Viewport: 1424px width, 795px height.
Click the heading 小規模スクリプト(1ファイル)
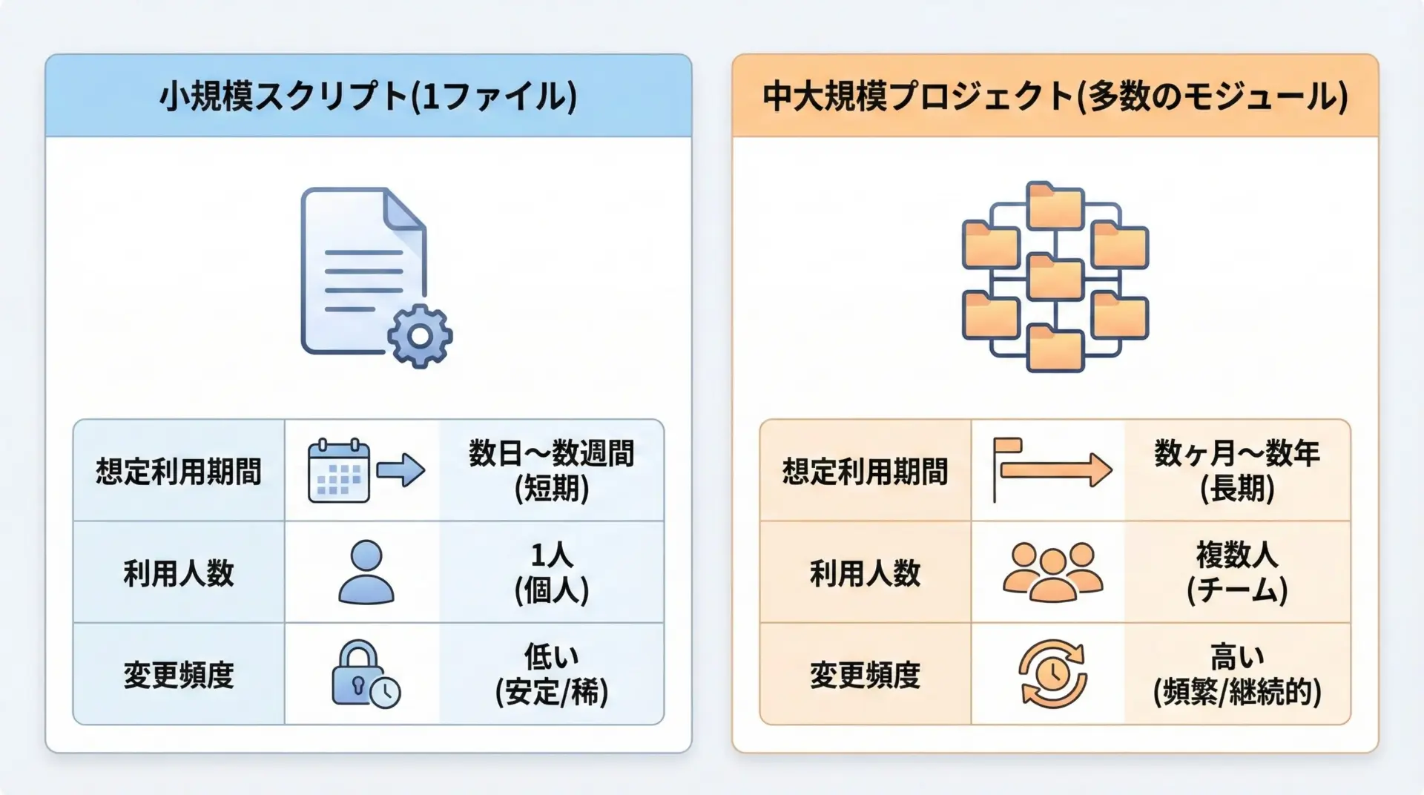(x=368, y=97)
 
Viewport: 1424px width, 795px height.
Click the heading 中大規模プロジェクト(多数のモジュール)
(x=1055, y=97)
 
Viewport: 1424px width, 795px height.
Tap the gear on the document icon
(x=420, y=336)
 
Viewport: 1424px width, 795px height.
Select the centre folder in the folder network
(x=1055, y=277)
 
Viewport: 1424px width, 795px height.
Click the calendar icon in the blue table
(x=338, y=471)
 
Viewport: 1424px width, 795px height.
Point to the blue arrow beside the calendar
(x=400, y=470)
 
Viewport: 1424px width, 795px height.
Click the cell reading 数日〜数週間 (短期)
(x=551, y=470)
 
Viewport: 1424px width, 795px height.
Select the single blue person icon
(x=366, y=572)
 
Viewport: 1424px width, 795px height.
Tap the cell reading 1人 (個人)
(x=551, y=572)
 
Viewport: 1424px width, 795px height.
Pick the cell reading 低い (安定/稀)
(x=551, y=673)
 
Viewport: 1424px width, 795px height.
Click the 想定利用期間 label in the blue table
(x=179, y=471)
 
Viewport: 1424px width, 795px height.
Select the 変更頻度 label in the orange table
(x=865, y=675)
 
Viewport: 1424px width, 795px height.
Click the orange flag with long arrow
(x=1052, y=470)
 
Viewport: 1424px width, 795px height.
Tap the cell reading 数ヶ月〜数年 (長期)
(x=1237, y=470)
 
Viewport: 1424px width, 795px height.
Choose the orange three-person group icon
(x=1052, y=572)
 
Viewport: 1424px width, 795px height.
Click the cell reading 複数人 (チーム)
(x=1237, y=572)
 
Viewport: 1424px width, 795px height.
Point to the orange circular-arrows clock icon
(x=1052, y=674)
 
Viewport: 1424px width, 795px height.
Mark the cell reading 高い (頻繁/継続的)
(x=1237, y=673)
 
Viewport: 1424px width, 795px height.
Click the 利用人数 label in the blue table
(x=179, y=573)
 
